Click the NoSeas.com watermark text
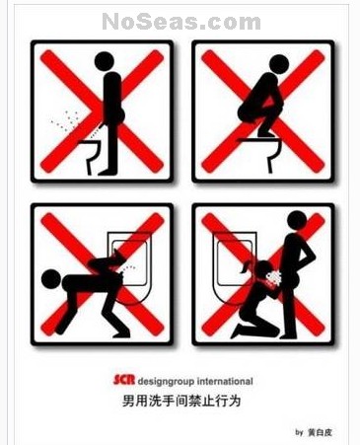pos(181,22)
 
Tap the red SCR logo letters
pos(124,380)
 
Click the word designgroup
pos(166,382)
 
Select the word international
pos(225,381)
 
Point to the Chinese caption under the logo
pos(181,401)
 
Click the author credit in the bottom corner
pos(314,432)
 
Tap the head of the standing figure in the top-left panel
pos(105,61)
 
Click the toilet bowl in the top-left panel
pos(91,156)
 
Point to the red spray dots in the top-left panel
pos(66,120)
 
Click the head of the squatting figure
pos(279,64)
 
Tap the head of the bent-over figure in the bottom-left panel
pos(51,279)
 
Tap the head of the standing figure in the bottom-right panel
pos(297,221)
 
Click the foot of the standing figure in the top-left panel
pos(108,172)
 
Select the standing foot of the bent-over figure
pos(121,334)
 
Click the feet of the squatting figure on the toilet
pos(266,134)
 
